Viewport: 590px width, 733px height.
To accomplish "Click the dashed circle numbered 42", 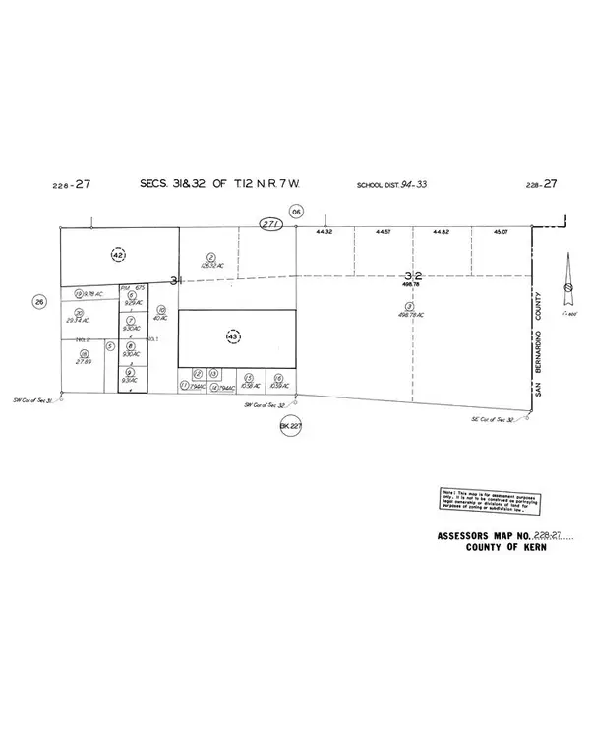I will [119, 254].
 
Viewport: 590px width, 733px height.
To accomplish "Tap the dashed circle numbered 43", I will [233, 336].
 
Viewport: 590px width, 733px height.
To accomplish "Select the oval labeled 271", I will [271, 224].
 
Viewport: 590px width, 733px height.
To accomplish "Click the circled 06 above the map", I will [295, 210].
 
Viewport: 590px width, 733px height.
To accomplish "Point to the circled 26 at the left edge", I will [39, 301].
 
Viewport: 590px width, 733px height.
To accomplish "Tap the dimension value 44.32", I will [324, 232].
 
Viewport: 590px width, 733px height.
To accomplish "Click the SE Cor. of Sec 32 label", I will [492, 420].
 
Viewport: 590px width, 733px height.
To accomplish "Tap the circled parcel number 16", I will [279, 377].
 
